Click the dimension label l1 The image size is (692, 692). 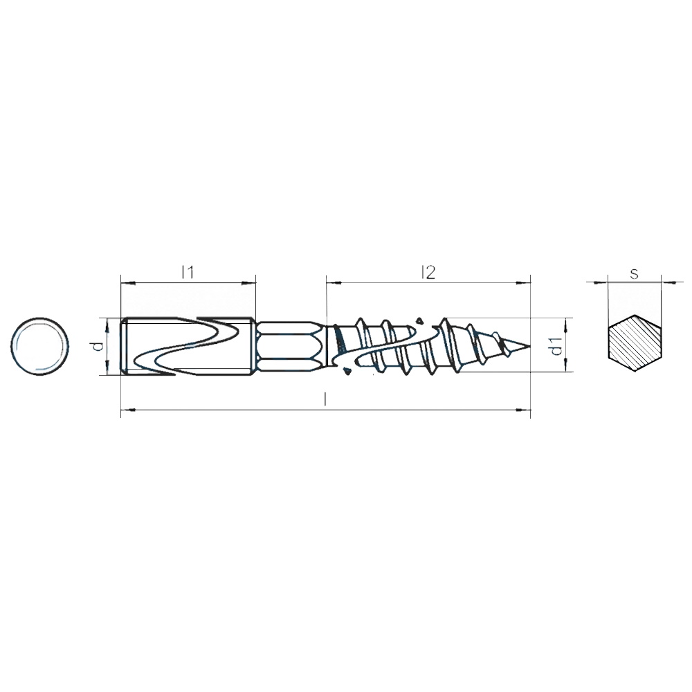(188, 273)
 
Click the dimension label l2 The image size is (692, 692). (428, 273)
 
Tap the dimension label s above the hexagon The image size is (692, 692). (634, 274)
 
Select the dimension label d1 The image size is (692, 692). (557, 345)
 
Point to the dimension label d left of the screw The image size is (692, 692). (99, 345)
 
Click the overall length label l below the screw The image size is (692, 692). (325, 400)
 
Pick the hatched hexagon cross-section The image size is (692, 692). (635, 344)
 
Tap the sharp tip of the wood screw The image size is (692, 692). (529, 345)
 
